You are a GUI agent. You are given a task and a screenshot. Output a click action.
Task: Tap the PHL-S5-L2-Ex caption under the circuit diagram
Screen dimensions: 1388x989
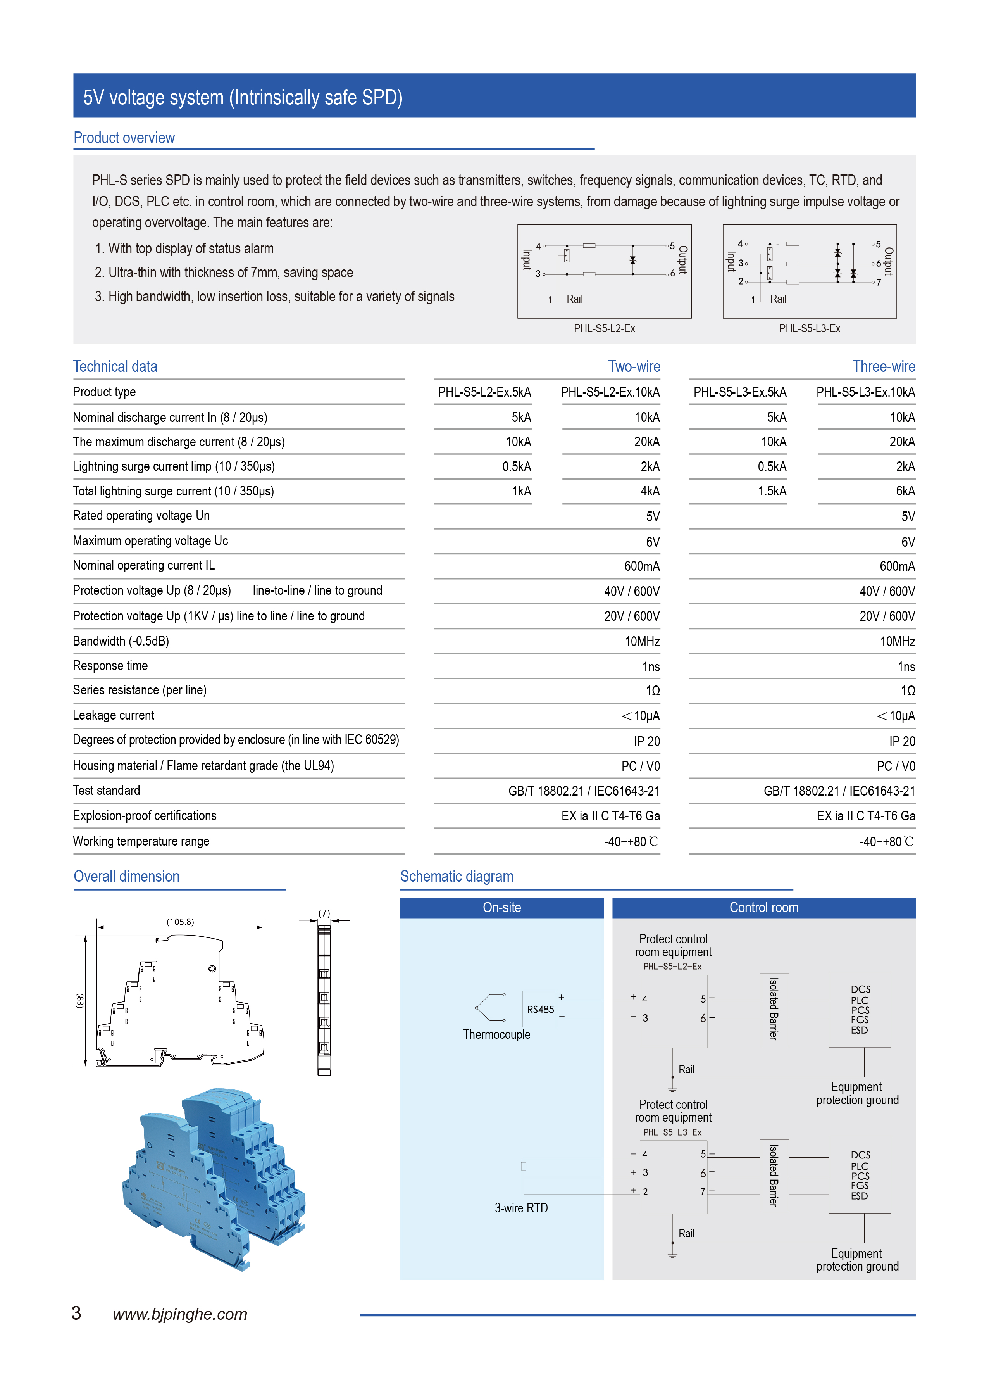pos(604,328)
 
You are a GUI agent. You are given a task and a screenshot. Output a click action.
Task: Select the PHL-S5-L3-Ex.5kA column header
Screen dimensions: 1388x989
pos(739,392)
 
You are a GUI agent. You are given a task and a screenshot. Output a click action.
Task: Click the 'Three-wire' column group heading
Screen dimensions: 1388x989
pos(883,366)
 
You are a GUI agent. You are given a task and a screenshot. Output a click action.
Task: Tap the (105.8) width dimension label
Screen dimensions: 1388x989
pos(180,922)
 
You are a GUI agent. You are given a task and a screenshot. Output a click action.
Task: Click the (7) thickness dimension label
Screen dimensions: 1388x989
pos(324,913)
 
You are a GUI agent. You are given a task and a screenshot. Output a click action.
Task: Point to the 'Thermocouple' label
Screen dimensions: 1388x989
pos(496,1034)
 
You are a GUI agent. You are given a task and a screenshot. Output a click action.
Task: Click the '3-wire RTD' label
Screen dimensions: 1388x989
pos(521,1208)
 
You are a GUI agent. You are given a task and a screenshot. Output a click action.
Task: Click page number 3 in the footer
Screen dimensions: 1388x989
pos(76,1313)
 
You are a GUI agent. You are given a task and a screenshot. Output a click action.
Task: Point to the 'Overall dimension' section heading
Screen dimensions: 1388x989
pos(127,876)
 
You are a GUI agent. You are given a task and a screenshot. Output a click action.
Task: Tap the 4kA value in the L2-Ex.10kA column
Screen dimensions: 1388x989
pos(650,491)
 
